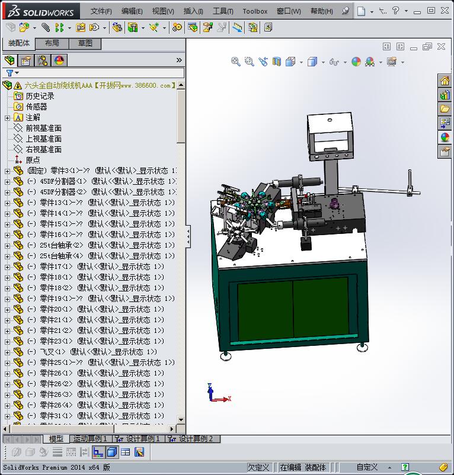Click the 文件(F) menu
pos(101,11)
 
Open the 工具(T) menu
pos(223,11)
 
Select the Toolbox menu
pos(255,11)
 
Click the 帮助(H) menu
pos(321,11)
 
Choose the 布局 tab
pos(52,43)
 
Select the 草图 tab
pos(85,43)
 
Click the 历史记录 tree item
pos(40,96)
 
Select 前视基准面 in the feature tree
pos(43,128)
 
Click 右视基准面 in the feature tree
pos(43,149)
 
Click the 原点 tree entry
pos(33,160)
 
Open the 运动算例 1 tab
pos(89,439)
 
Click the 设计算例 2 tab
pos(195,439)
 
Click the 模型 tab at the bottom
pos(56,439)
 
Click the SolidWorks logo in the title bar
pos(38,11)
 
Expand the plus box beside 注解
pos(7,118)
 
